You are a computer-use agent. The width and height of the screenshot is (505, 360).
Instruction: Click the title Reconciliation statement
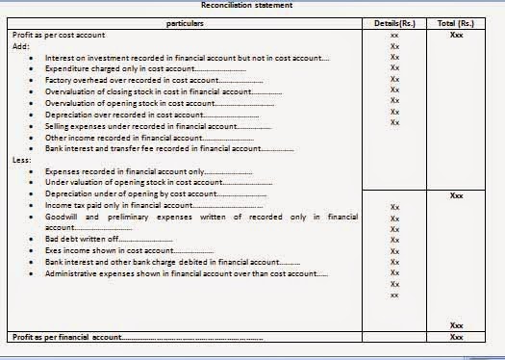click(x=252, y=6)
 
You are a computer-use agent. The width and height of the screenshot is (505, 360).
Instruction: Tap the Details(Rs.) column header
click(x=394, y=21)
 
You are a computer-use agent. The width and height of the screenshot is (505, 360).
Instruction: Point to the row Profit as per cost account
click(x=59, y=34)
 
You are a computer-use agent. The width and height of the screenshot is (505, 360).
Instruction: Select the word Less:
click(x=19, y=160)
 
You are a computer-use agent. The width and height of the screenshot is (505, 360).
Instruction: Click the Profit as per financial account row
click(x=67, y=338)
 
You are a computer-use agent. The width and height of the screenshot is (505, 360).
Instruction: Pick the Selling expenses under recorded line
click(x=143, y=126)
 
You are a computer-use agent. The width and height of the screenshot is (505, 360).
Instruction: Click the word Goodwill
click(x=63, y=217)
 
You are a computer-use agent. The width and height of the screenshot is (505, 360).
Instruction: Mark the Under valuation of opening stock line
click(x=144, y=182)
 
